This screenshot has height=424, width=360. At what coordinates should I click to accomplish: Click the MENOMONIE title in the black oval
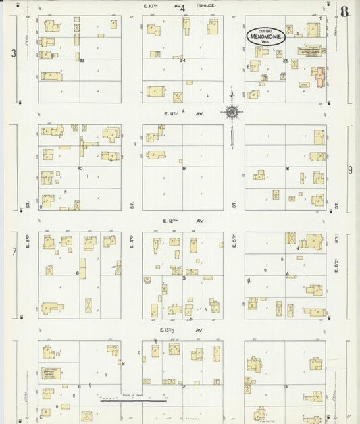point(265,38)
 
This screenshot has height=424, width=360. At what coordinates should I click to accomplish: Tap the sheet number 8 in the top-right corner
point(344,11)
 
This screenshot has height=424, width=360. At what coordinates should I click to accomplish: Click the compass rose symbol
point(232,113)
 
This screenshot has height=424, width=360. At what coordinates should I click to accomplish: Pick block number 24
point(182,61)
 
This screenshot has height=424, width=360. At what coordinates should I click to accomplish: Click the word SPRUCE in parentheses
point(206,6)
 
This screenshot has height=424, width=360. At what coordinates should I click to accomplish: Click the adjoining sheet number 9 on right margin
point(350,170)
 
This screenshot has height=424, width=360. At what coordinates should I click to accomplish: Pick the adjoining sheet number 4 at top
point(182,8)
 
